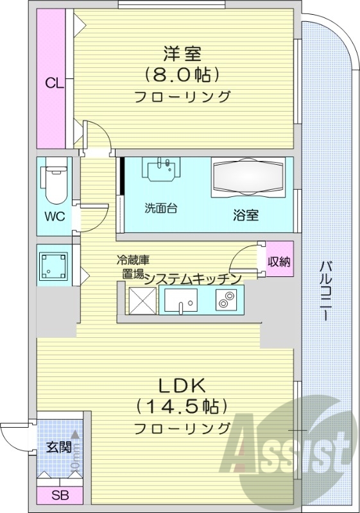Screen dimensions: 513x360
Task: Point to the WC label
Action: pyautogui.click(x=54, y=215)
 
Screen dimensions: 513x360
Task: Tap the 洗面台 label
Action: pyautogui.click(x=160, y=208)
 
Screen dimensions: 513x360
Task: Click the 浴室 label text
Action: pyautogui.click(x=246, y=215)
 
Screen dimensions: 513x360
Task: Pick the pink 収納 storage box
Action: pyautogui.click(x=280, y=260)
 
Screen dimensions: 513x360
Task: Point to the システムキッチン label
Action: pyautogui.click(x=192, y=278)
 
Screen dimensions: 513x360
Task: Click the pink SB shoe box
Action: pyautogui.click(x=59, y=496)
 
